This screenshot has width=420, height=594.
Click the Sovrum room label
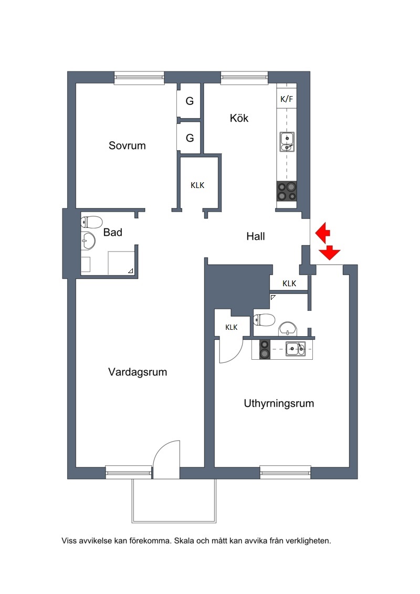click(127, 145)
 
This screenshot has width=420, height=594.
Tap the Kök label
click(239, 118)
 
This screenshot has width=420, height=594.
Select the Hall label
click(256, 236)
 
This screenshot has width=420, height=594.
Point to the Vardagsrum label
click(138, 372)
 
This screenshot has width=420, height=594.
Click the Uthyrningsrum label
click(279, 403)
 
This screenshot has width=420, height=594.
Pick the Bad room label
click(113, 232)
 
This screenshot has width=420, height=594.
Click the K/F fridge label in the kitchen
click(287, 99)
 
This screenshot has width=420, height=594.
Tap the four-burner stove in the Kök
click(287, 191)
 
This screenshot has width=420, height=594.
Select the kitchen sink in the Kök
click(287, 142)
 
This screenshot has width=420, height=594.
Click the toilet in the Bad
click(92, 222)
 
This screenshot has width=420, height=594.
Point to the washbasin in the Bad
click(88, 241)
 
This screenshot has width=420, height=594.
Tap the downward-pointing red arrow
click(330, 253)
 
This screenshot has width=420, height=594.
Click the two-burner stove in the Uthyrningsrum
click(265, 349)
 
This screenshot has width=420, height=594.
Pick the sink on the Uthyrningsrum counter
click(296, 349)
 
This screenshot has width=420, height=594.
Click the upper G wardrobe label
click(190, 101)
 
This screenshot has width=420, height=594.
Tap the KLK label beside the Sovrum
click(197, 185)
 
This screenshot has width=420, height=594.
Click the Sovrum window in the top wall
click(139, 78)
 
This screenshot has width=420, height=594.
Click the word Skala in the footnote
click(184, 541)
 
